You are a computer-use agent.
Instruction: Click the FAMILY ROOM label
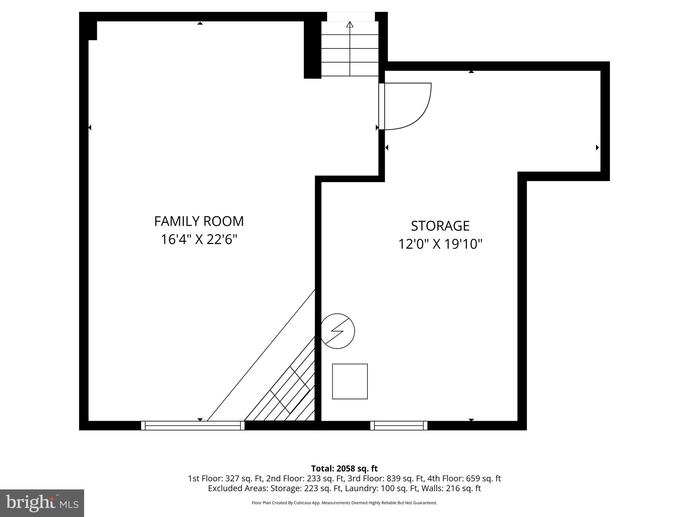[x=199, y=221]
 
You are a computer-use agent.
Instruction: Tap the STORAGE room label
[x=440, y=226]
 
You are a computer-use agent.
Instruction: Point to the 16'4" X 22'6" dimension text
[x=199, y=240]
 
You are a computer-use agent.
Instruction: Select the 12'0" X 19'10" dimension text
[x=440, y=244]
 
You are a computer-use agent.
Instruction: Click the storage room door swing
[x=407, y=106]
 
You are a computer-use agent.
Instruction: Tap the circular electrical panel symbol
[x=337, y=331]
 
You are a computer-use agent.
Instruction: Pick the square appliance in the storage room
[x=350, y=381]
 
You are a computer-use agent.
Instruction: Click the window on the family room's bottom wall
[x=193, y=425]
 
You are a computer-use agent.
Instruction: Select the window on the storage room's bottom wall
[x=399, y=425]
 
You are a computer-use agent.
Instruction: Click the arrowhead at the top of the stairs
[x=350, y=25]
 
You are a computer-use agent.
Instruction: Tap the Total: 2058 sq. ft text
[x=344, y=469]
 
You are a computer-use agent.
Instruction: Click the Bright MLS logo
[x=42, y=503]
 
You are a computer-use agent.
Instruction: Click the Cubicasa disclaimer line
[x=344, y=503]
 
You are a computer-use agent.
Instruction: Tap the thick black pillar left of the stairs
[x=312, y=50]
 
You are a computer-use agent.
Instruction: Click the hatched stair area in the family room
[x=289, y=394]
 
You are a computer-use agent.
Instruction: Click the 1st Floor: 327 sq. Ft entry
[x=225, y=478]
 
